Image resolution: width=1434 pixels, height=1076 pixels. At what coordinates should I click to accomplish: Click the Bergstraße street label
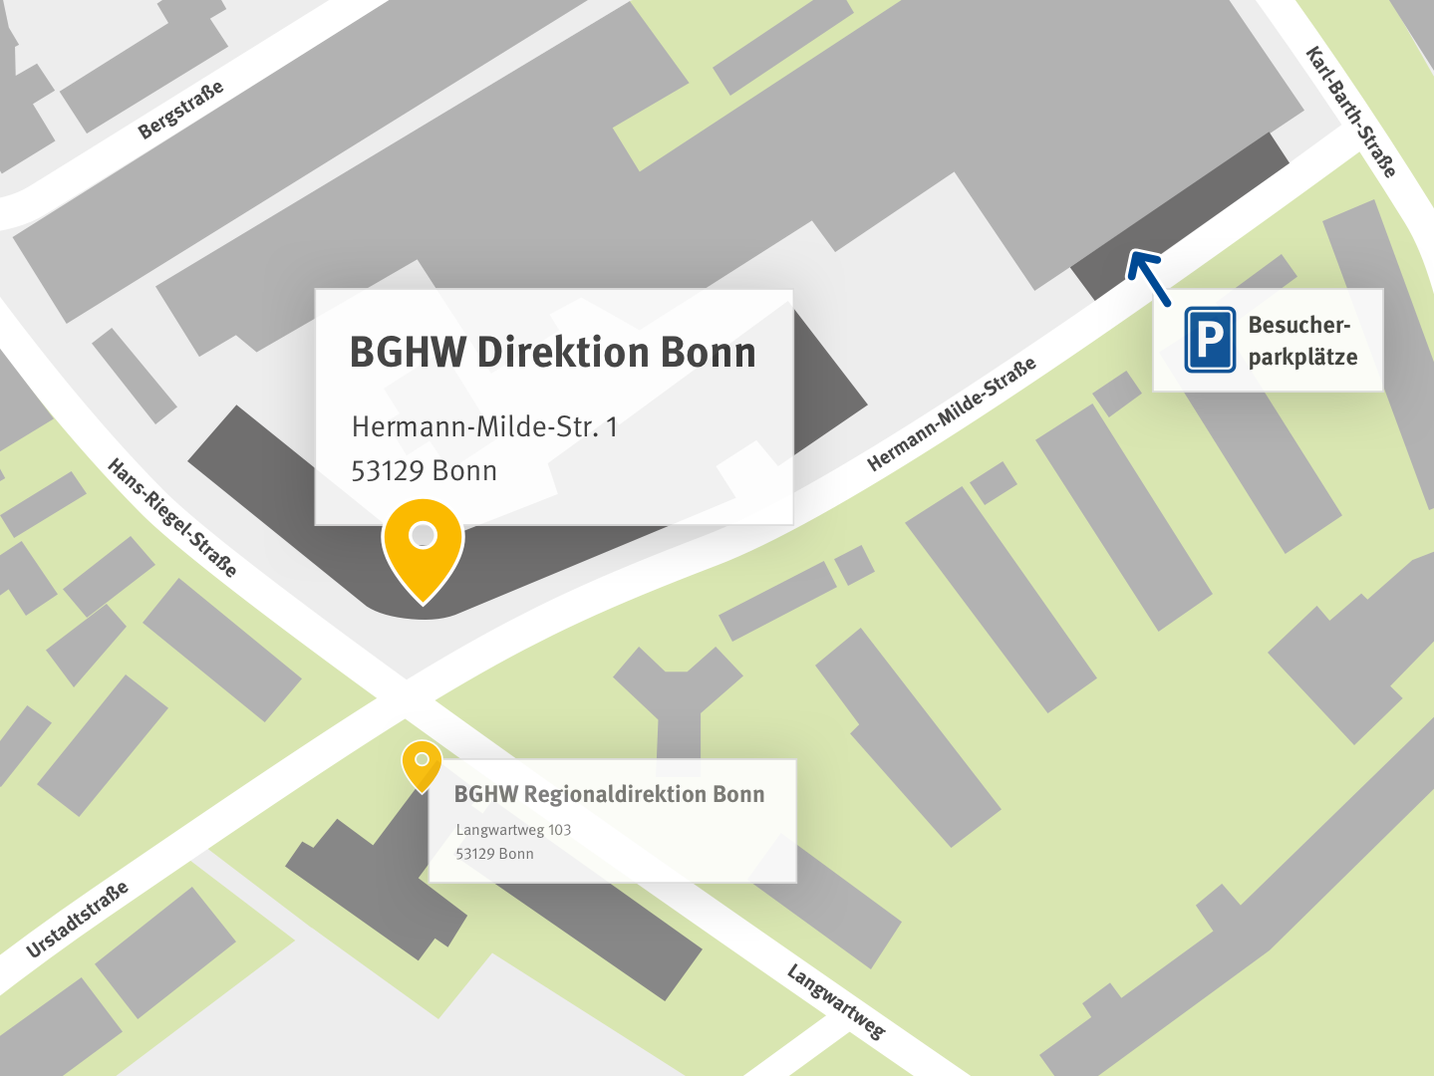click(180, 110)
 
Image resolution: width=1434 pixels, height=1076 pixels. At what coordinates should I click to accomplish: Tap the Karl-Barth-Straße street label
click(1350, 112)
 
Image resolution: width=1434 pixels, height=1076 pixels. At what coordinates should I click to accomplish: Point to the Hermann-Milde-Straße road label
click(951, 413)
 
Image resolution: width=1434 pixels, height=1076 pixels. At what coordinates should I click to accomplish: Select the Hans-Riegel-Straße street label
click(172, 518)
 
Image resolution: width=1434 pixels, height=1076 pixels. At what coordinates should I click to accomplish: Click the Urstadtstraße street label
click(78, 919)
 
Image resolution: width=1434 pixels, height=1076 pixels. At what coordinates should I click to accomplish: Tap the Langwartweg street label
click(835, 1001)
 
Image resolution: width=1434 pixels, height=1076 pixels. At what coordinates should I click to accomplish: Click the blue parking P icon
click(1210, 340)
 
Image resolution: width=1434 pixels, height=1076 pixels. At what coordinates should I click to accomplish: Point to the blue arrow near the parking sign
click(1148, 276)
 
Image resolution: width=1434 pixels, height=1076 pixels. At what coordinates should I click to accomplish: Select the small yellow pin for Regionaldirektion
click(422, 764)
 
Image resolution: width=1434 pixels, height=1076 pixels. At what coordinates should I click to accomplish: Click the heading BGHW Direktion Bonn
click(552, 353)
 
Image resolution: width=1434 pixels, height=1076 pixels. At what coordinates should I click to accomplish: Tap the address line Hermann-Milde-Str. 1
click(484, 427)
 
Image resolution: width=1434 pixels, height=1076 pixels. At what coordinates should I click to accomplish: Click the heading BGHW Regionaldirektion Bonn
click(609, 794)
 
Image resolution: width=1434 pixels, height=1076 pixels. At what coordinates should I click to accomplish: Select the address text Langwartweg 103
click(513, 830)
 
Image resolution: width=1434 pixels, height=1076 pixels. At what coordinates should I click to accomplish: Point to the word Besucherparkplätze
click(1301, 341)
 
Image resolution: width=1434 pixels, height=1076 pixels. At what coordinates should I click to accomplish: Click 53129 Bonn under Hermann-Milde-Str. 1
click(424, 471)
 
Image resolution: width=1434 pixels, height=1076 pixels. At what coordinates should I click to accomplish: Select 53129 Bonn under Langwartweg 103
click(494, 854)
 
